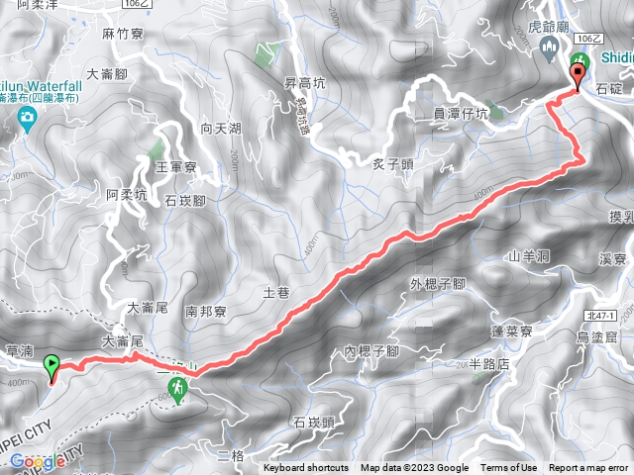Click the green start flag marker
click(x=52, y=368)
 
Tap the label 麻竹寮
click(x=124, y=33)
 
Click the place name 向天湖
click(x=220, y=129)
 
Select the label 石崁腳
click(x=185, y=201)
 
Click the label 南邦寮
click(x=206, y=311)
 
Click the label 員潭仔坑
click(x=462, y=114)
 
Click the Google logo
click(x=38, y=461)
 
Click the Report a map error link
click(x=588, y=468)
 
